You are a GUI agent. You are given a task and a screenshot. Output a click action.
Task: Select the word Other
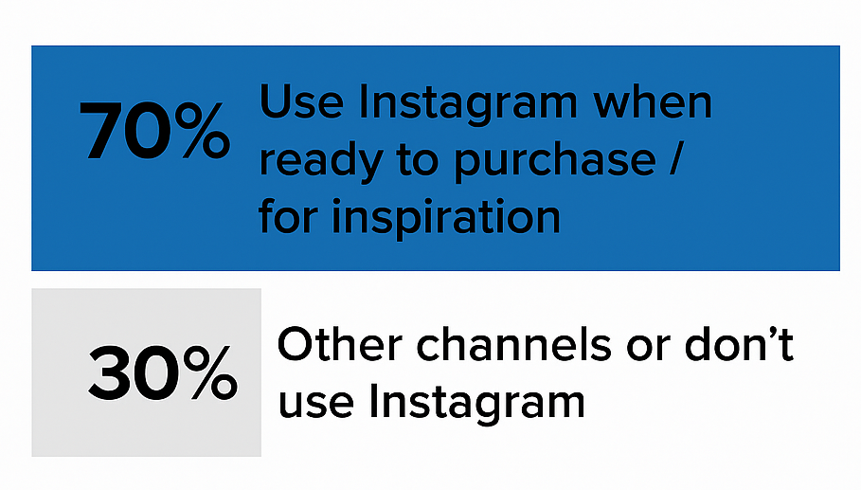coord(332,346)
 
